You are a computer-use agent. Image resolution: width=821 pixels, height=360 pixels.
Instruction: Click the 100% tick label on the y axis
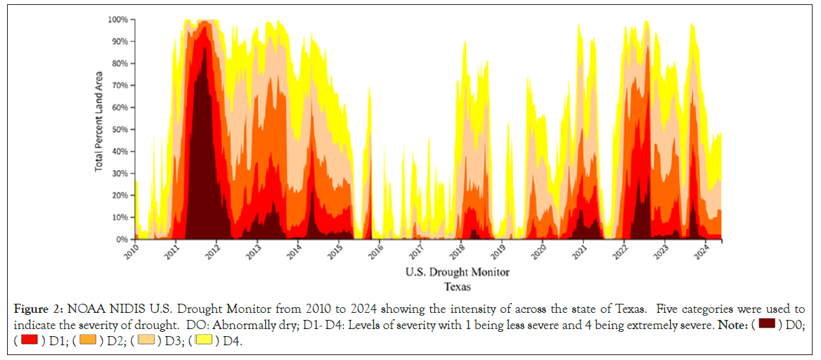117,20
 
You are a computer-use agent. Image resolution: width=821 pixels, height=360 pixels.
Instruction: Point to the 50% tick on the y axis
119,129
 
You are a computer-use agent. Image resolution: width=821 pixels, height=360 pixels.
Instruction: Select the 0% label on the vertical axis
121,240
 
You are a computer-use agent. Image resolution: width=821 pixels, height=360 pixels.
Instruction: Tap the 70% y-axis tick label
119,86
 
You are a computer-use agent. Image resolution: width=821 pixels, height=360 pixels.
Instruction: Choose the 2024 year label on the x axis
716,251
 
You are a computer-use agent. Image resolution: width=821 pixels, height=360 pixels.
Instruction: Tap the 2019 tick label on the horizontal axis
498,251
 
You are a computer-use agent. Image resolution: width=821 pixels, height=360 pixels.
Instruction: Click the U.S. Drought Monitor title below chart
457,272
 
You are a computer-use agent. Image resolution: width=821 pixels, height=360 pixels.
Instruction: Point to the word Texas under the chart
457,287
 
